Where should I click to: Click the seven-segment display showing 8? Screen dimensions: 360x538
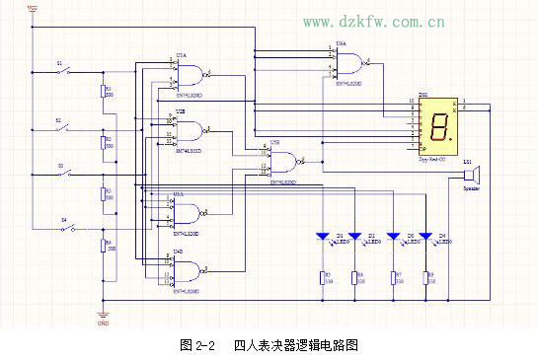(x=438, y=123)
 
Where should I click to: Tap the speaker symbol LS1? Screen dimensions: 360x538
(x=467, y=175)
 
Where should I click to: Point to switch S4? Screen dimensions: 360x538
(x=68, y=228)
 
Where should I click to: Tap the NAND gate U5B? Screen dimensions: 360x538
(x=286, y=162)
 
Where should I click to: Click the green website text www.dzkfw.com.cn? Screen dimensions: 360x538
(x=372, y=21)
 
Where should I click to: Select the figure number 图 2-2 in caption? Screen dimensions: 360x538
(x=197, y=345)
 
